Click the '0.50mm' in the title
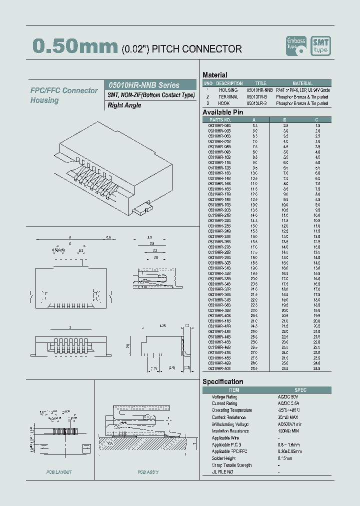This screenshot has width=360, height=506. (x=75, y=46)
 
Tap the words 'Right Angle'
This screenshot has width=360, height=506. (x=124, y=105)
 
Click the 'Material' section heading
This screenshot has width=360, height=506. (x=214, y=75)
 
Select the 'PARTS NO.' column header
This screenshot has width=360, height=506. (x=220, y=120)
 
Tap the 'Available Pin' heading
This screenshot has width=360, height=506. (x=222, y=112)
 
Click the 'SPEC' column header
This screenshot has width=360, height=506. (x=300, y=390)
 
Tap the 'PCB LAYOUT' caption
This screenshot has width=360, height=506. (x=59, y=472)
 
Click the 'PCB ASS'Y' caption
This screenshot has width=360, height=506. (x=148, y=472)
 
